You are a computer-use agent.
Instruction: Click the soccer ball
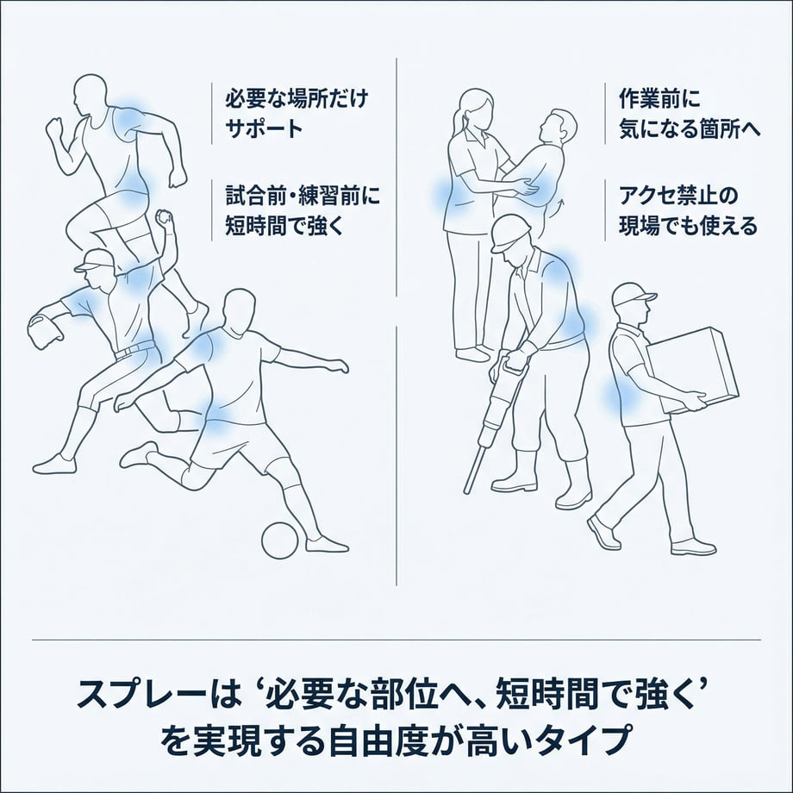279,540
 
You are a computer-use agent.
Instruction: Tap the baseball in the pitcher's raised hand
163,217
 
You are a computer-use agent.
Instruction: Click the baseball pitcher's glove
45,331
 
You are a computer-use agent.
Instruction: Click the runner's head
91,96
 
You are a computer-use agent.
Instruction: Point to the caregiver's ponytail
459,123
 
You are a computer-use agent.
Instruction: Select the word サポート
264,128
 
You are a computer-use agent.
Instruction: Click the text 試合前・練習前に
303,196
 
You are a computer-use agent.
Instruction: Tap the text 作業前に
660,98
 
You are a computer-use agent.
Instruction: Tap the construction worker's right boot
573,484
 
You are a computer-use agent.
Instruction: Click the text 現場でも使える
689,226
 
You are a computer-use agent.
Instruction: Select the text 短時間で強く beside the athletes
284,226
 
